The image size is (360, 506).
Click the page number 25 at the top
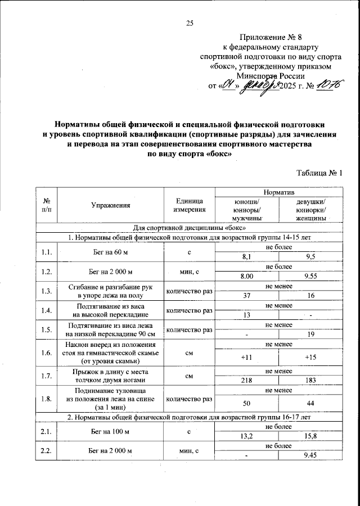click(190, 23)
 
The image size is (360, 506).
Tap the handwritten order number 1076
click(328, 86)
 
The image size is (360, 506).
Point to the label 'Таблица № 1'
click(319, 173)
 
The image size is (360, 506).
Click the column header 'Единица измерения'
click(190, 205)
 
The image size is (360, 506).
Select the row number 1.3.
click(47, 291)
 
